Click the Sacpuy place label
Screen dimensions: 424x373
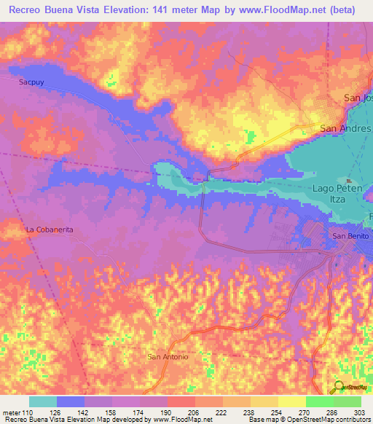[x=31, y=82]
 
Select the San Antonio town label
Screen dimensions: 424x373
[x=168, y=357]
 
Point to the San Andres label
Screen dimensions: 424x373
[x=345, y=129]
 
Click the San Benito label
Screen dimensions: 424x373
[x=351, y=236]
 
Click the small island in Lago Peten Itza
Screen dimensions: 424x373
[x=349, y=181]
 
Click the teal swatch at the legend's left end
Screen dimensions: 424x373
[x=42, y=402]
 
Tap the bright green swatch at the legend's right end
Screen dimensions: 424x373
[x=348, y=402]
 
